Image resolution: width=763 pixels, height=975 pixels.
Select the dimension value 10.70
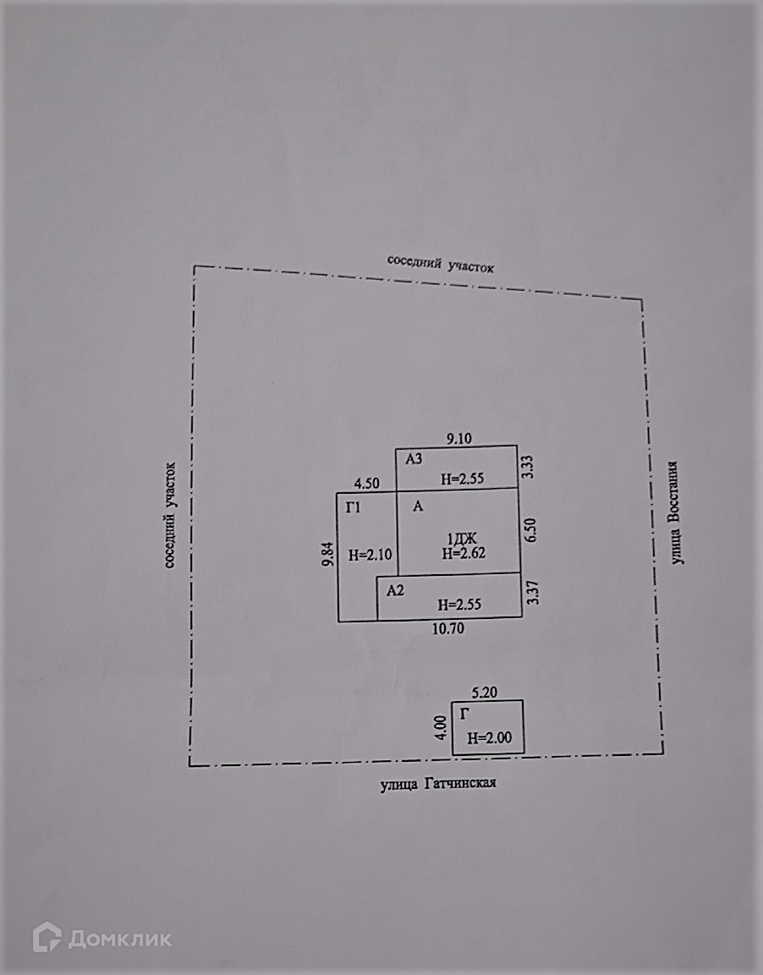[447, 629]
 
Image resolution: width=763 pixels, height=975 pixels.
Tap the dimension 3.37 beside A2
[531, 592]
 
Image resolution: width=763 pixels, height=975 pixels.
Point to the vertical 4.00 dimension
[439, 727]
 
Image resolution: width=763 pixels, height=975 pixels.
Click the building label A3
[413, 459]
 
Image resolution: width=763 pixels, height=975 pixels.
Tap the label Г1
[354, 507]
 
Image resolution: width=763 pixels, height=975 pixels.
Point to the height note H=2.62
[465, 555]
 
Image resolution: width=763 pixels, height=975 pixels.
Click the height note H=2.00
[490, 737]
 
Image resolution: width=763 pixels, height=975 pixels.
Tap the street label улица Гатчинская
[436, 784]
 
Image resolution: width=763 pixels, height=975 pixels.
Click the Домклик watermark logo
[103, 939]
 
